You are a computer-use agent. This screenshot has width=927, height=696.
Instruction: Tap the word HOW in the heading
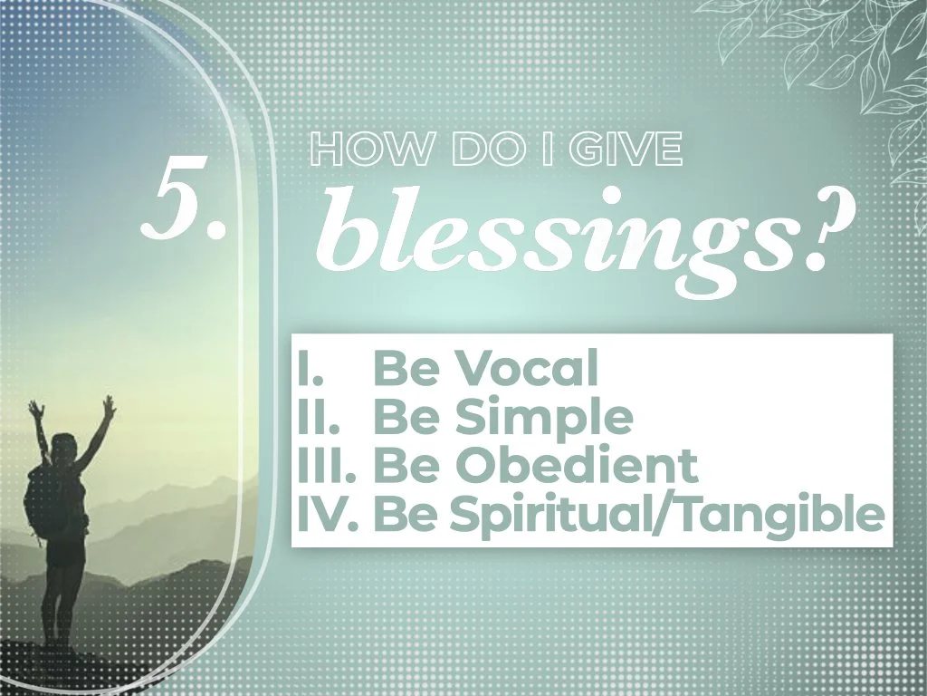coord(355,150)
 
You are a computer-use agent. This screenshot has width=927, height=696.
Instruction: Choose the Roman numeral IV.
coord(326,515)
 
